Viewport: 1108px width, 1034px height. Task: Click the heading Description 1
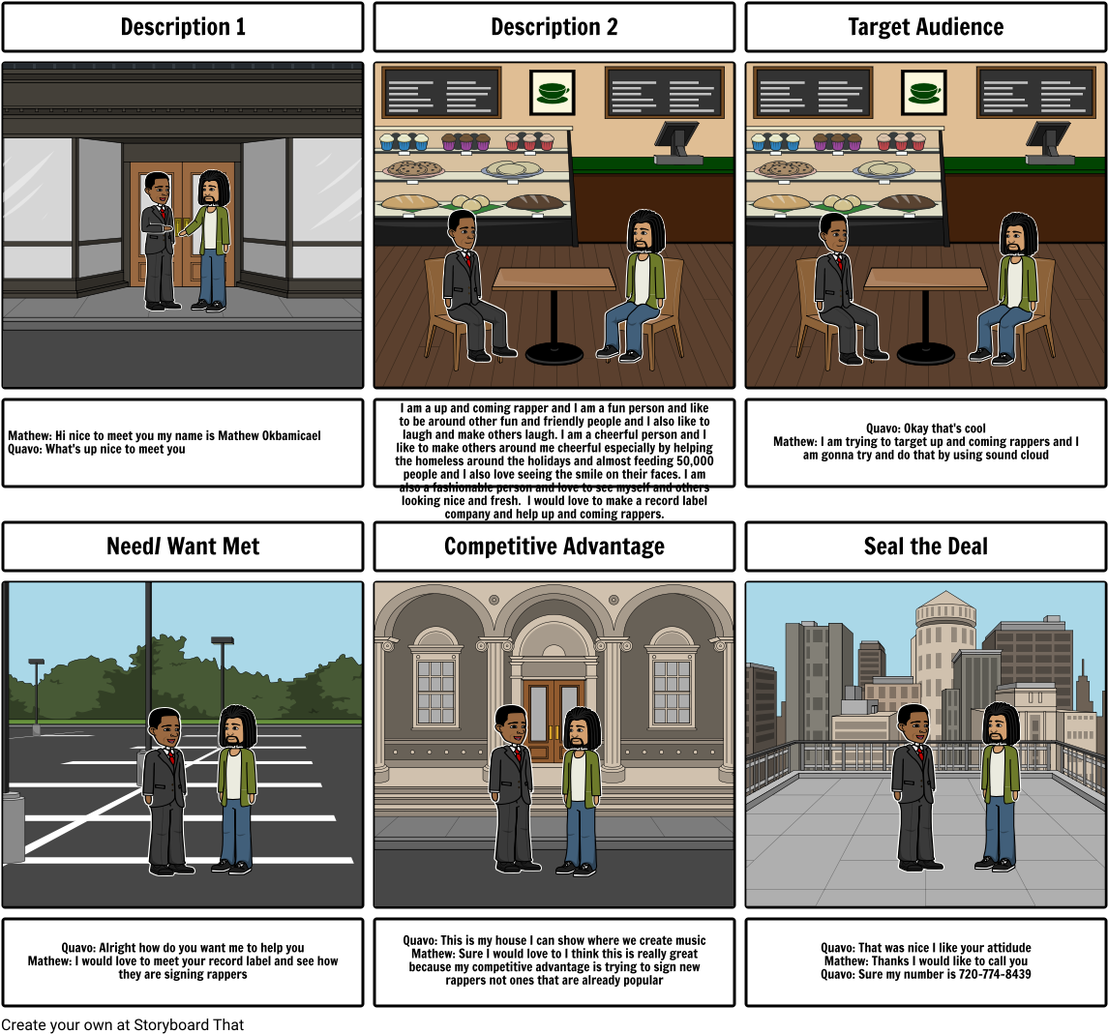point(183,27)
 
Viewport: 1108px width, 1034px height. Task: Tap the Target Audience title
point(925,27)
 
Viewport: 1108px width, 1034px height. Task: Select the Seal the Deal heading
point(925,547)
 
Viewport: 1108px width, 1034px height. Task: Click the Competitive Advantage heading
point(554,547)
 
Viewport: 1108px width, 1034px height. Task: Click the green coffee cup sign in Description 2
point(553,92)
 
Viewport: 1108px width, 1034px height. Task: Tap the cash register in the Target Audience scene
point(1047,140)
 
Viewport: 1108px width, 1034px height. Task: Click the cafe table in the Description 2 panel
point(554,281)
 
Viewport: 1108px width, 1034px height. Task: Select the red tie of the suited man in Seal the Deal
point(921,752)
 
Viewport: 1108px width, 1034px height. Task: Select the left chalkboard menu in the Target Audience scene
point(813,93)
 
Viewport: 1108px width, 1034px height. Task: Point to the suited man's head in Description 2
point(463,229)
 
